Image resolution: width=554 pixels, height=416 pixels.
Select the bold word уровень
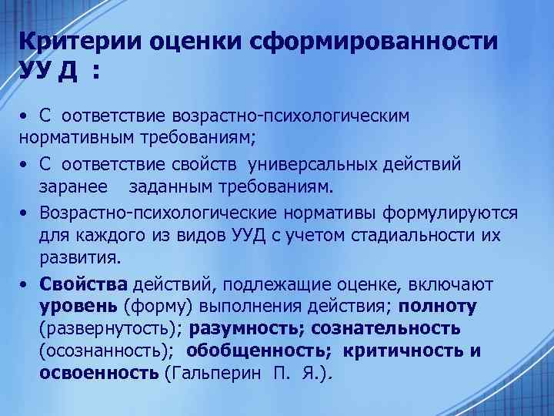pyautogui.click(x=79, y=307)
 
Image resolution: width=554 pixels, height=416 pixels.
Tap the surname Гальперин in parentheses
pyautogui.click(x=219, y=374)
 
